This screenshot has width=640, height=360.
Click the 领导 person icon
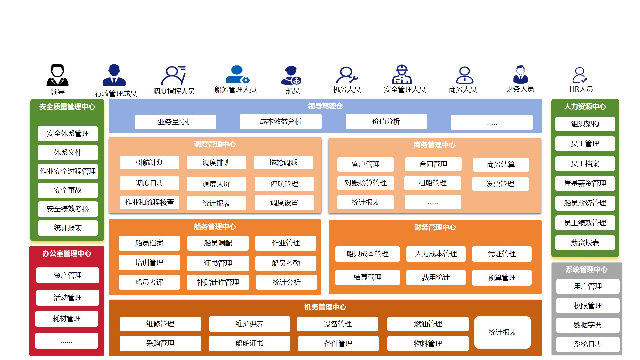pyautogui.click(x=57, y=75)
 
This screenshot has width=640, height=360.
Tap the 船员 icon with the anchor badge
pyautogui.click(x=291, y=76)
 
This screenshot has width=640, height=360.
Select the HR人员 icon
pyautogui.click(x=580, y=75)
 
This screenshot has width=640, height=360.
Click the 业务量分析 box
pyautogui.click(x=175, y=122)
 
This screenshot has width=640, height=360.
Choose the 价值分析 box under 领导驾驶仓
pyautogui.click(x=386, y=121)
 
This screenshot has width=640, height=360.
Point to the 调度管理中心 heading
pyautogui.click(x=215, y=144)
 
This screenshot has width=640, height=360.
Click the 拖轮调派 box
pyautogui.click(x=283, y=163)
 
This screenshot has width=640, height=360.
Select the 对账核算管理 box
pyautogui.click(x=365, y=183)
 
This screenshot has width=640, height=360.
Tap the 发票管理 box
pyautogui.click(x=500, y=184)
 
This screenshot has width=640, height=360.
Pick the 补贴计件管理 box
pyautogui.click(x=218, y=282)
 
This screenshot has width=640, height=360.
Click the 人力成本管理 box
pyautogui.click(x=436, y=254)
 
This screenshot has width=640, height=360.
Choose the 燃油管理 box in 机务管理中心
pyautogui.click(x=428, y=324)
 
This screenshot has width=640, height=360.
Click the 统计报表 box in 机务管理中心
pyautogui.click(x=502, y=332)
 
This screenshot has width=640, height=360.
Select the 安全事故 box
pyautogui.click(x=68, y=190)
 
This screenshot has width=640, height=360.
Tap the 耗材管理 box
pyautogui.click(x=67, y=319)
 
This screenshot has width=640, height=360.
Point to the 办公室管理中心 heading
pyautogui.click(x=67, y=254)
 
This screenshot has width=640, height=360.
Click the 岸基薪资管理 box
pyautogui.click(x=585, y=183)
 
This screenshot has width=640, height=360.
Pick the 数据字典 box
pyautogui.click(x=587, y=325)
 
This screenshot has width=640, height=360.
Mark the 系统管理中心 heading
pyautogui.click(x=586, y=269)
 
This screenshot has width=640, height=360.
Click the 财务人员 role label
pyautogui.click(x=520, y=89)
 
